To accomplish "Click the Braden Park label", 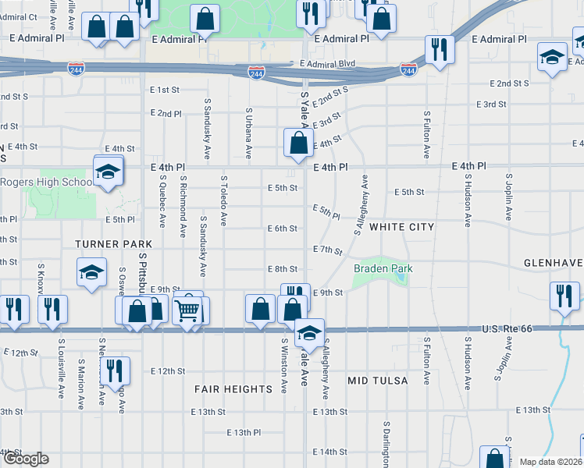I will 383,269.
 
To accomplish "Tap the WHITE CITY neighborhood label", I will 401,227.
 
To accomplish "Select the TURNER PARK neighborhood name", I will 113,244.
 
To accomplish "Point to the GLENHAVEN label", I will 553,264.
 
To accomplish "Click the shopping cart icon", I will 187,310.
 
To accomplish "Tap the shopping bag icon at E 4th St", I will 298,143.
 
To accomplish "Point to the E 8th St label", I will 282,269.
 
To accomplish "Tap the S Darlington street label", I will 386,445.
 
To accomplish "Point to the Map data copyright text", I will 551,462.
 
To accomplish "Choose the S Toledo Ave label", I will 223,200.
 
